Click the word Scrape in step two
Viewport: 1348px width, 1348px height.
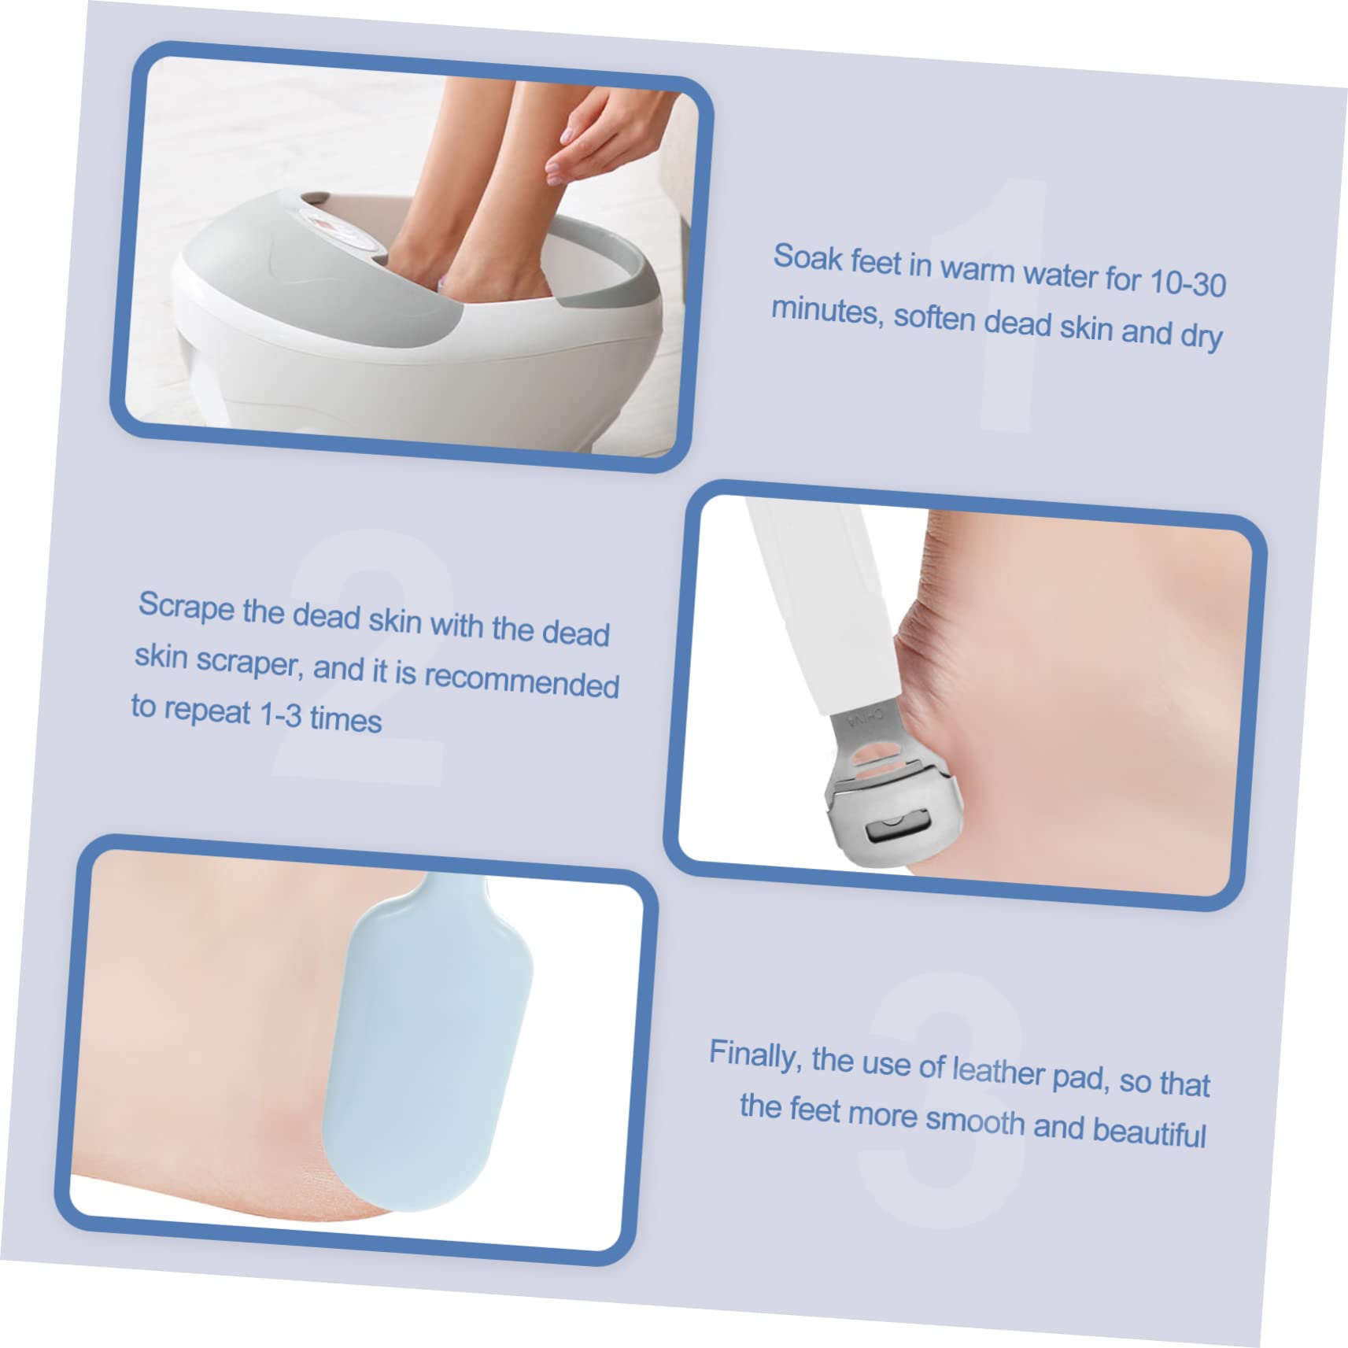click(x=186, y=607)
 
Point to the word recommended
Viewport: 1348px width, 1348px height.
click(x=521, y=680)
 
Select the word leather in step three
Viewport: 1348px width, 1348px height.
click(x=998, y=1070)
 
